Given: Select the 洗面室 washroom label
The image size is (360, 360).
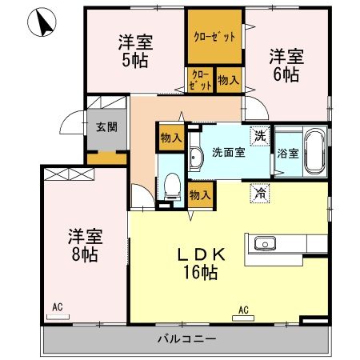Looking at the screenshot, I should pyautogui.click(x=226, y=152).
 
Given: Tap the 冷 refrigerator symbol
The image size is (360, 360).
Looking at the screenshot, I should pyautogui.click(x=259, y=192).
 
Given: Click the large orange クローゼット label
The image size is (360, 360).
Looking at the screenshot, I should pyautogui.click(x=214, y=36).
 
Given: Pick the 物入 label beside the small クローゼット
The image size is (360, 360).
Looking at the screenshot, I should pyautogui.click(x=227, y=80).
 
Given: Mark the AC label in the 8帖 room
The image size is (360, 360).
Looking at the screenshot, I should pyautogui.click(x=57, y=306).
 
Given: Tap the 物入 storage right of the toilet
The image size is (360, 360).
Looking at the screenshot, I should pyautogui.click(x=199, y=194).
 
